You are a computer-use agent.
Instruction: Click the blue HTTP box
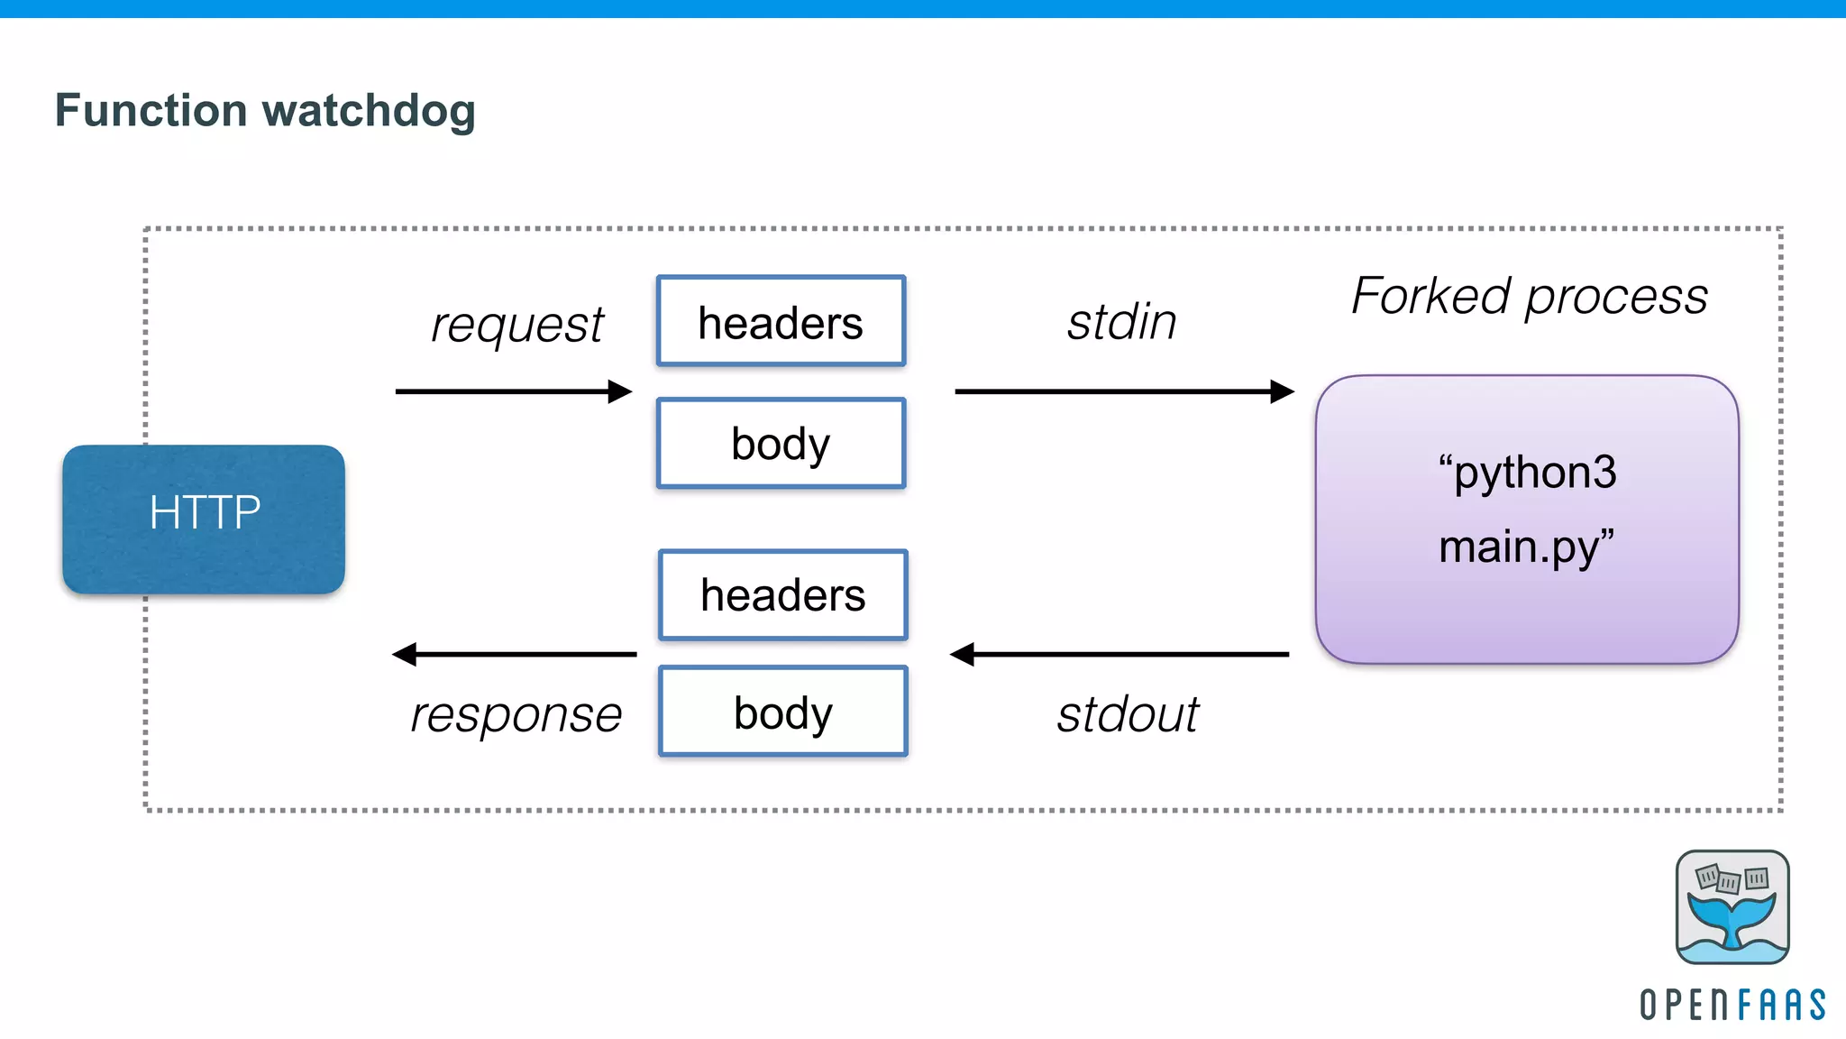tap(204, 519)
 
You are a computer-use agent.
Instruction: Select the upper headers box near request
tap(781, 321)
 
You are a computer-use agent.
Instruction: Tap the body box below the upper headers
tap(781, 443)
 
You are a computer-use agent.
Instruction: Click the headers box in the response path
tap(782, 594)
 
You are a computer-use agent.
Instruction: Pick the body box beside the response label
tap(782, 712)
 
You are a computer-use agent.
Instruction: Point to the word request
tap(516, 325)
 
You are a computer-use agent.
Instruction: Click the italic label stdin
tap(1121, 322)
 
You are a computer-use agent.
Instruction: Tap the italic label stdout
tap(1127, 714)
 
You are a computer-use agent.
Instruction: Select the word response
tap(516, 714)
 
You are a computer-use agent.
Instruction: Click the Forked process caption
tap(1529, 296)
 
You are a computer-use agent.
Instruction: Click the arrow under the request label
tap(513, 391)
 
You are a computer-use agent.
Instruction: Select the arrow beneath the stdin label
tap(1123, 391)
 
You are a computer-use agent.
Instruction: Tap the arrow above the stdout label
tap(1119, 654)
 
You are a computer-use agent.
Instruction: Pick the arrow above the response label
tap(514, 654)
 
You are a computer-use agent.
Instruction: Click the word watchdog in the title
tap(369, 111)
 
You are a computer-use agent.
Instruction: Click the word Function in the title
tap(151, 110)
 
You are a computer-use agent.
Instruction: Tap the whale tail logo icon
tap(1732, 906)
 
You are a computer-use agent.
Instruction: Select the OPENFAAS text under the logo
tap(1732, 1005)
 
